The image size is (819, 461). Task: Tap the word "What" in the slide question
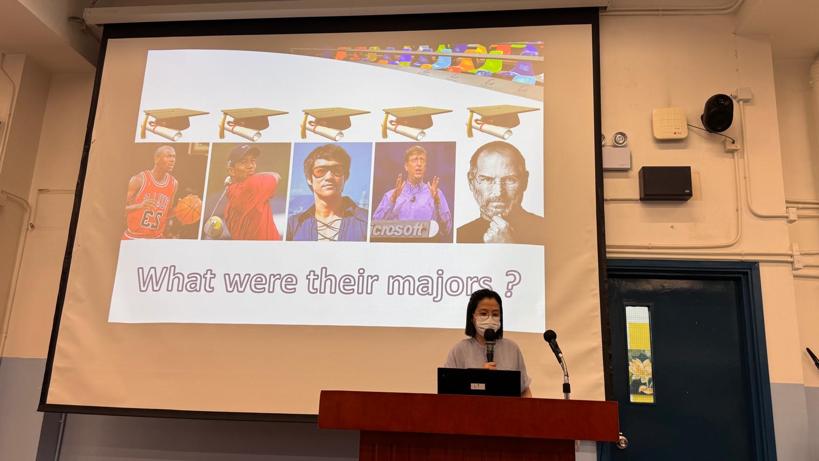[x=176, y=280]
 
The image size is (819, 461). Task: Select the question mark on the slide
[x=512, y=283]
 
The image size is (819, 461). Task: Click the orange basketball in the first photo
[x=189, y=209]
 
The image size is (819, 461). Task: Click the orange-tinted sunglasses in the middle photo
[x=328, y=171]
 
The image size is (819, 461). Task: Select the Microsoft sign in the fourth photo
[x=404, y=229]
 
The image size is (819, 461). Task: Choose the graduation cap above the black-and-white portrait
[x=502, y=121]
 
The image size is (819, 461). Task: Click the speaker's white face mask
[x=486, y=325]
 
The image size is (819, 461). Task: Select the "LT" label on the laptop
[x=477, y=386]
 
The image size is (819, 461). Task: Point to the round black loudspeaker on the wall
[x=717, y=113]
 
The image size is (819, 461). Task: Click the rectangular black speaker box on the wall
[x=665, y=183]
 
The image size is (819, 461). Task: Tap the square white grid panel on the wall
[x=670, y=123]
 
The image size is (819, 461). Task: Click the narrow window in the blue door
[x=639, y=354]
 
